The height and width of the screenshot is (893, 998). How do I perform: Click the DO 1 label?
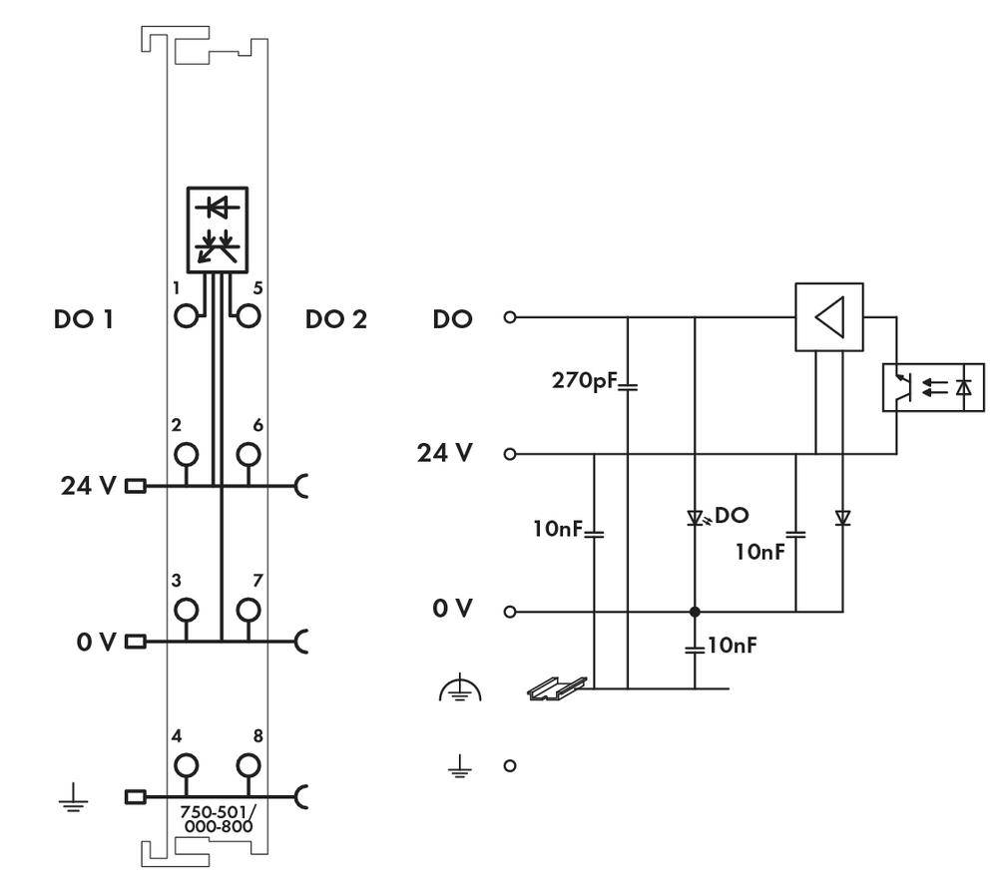tap(83, 320)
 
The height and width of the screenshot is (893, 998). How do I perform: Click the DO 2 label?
tap(336, 320)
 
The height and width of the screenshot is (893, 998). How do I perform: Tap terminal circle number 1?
tap(186, 317)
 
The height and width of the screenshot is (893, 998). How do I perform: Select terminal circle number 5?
tap(249, 317)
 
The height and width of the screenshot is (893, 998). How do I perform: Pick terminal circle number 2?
tap(186, 455)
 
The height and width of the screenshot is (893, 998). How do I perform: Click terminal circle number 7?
tap(249, 609)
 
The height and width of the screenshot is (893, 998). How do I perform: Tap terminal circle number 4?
tap(186, 766)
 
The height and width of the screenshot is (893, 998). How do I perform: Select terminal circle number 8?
tap(249, 766)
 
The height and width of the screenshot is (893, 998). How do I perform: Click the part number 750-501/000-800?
tap(217, 819)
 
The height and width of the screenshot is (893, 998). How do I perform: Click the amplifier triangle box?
tap(828, 318)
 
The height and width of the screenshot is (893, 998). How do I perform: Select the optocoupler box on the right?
tap(932, 387)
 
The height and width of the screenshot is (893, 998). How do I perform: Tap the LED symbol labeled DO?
tap(695, 518)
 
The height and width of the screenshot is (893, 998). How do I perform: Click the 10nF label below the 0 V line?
tap(731, 646)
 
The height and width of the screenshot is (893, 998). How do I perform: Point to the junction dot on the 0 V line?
tap(695, 611)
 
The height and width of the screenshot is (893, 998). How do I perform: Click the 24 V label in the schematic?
tap(445, 453)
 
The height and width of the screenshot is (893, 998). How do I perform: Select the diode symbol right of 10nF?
tap(841, 518)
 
